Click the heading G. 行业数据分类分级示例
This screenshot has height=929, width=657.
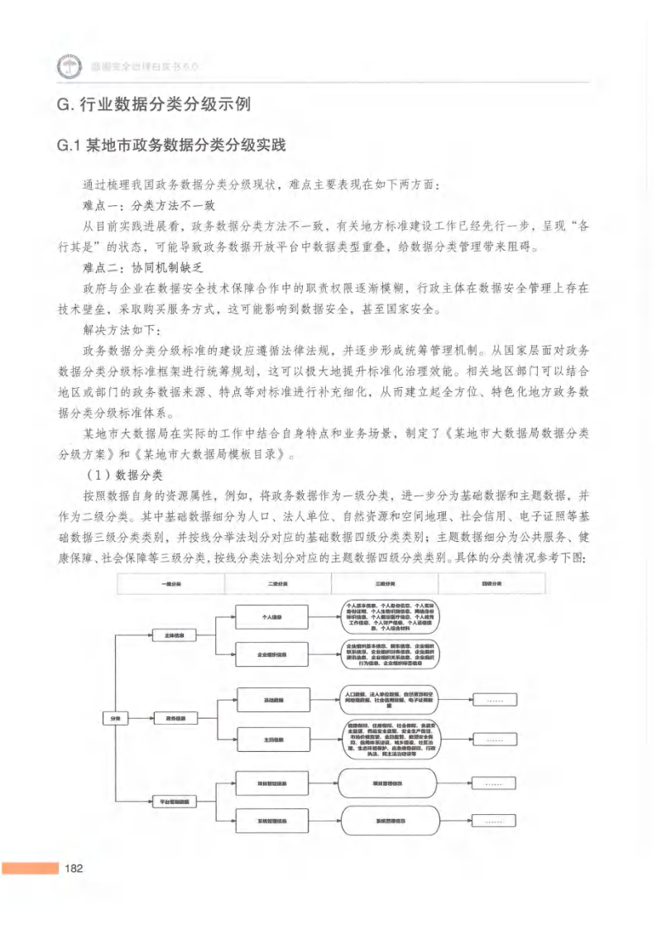[x=152, y=104]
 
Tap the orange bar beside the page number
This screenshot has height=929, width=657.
[x=30, y=869]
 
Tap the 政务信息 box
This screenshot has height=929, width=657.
[x=175, y=718]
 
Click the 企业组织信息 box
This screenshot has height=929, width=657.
[x=272, y=654]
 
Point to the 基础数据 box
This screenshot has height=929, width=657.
[x=272, y=700]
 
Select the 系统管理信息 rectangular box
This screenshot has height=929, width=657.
[x=272, y=821]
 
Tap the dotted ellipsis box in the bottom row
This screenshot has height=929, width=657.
[x=494, y=821]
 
